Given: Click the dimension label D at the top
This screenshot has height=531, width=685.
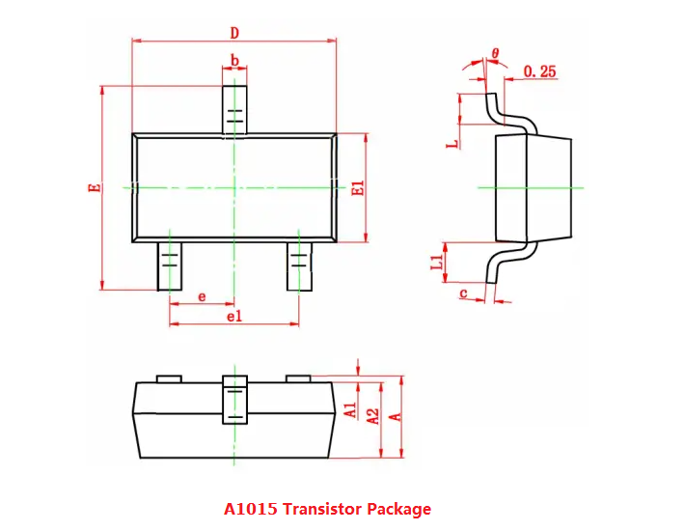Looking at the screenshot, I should coord(234,32).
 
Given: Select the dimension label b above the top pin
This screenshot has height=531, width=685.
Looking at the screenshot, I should coord(234,60).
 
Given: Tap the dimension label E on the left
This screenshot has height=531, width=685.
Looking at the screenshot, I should coord(94,186).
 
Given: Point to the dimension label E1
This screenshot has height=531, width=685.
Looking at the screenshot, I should coord(357,188).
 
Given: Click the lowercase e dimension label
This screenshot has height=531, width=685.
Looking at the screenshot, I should coord(202,296).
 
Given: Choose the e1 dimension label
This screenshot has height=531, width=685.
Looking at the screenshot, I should coord(234,316).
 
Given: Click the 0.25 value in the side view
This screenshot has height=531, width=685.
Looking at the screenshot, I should coord(539,71).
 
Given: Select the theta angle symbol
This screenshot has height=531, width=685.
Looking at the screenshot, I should coord(495,53).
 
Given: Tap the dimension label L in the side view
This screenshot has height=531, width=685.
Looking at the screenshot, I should coord(451,144).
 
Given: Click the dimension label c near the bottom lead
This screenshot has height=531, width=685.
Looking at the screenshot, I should coord(464,293).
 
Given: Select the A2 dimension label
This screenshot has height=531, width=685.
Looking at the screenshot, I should coord(371,416).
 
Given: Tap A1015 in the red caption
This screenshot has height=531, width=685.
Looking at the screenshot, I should coord(246,509).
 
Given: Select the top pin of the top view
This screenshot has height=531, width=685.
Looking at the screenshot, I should coord(234,109).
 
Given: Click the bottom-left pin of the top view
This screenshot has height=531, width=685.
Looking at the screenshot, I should coord(170,265).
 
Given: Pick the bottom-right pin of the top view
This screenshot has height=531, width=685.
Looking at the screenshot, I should coord(299,265).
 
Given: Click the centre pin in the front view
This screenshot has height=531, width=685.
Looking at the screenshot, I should coord(234,399).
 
